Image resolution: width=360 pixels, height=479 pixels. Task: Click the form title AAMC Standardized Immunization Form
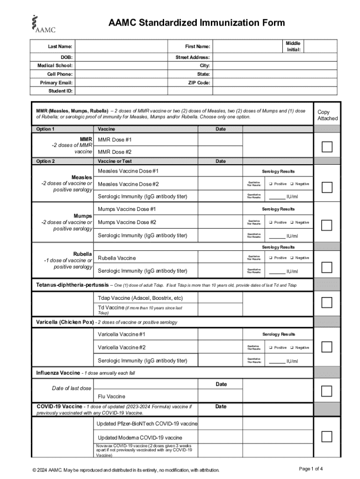click(196, 23)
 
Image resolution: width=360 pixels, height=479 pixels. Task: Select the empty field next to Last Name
click(121, 47)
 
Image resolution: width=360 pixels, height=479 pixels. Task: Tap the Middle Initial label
click(293, 46)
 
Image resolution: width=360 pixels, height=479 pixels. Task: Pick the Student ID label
click(60, 91)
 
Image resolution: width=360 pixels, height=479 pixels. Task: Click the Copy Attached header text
click(327, 115)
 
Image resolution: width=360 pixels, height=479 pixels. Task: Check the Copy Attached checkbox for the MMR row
click(327, 146)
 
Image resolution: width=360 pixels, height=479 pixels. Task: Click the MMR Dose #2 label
click(115, 152)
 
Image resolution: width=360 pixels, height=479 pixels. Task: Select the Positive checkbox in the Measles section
click(271, 184)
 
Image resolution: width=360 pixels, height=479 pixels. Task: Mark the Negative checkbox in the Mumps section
click(292, 222)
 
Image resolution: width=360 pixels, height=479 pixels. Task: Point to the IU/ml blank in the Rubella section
click(277, 272)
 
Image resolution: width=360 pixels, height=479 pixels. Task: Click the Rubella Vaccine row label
click(117, 258)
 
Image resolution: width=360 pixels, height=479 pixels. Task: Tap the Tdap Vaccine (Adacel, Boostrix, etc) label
click(140, 298)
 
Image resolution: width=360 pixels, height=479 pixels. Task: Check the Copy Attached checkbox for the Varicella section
click(327, 347)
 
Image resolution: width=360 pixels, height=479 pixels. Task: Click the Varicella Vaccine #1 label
click(122, 334)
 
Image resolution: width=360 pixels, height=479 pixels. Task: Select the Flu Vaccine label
click(111, 396)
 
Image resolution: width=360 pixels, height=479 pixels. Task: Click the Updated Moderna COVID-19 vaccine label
click(140, 438)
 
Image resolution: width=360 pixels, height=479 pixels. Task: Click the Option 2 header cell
click(46, 161)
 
